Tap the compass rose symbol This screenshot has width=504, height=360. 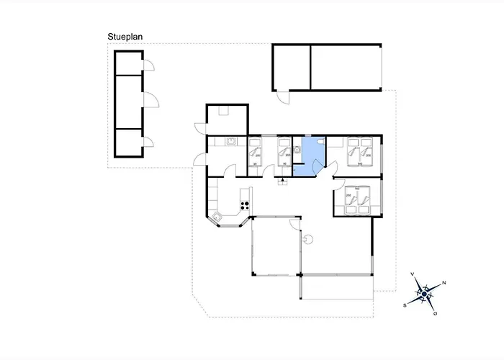[425, 293]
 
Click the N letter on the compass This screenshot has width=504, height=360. [444, 283]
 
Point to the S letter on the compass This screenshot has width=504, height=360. [405, 305]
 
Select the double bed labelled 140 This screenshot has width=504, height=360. [359, 152]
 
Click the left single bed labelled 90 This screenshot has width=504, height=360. [256, 152]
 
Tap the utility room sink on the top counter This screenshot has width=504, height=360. [232, 141]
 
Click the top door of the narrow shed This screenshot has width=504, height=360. [149, 66]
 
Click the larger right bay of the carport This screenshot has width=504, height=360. [343, 67]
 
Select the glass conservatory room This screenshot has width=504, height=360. [274, 245]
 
